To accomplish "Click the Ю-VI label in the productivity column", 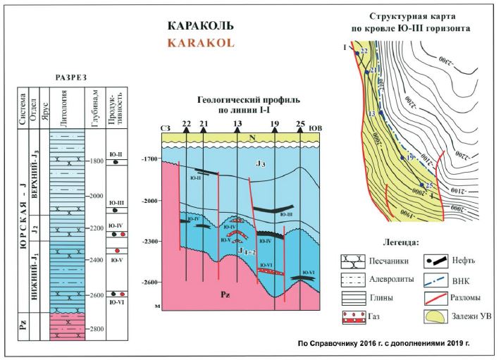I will [x=117, y=302].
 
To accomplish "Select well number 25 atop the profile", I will [x=301, y=125].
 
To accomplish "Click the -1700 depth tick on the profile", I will [x=149, y=160].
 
